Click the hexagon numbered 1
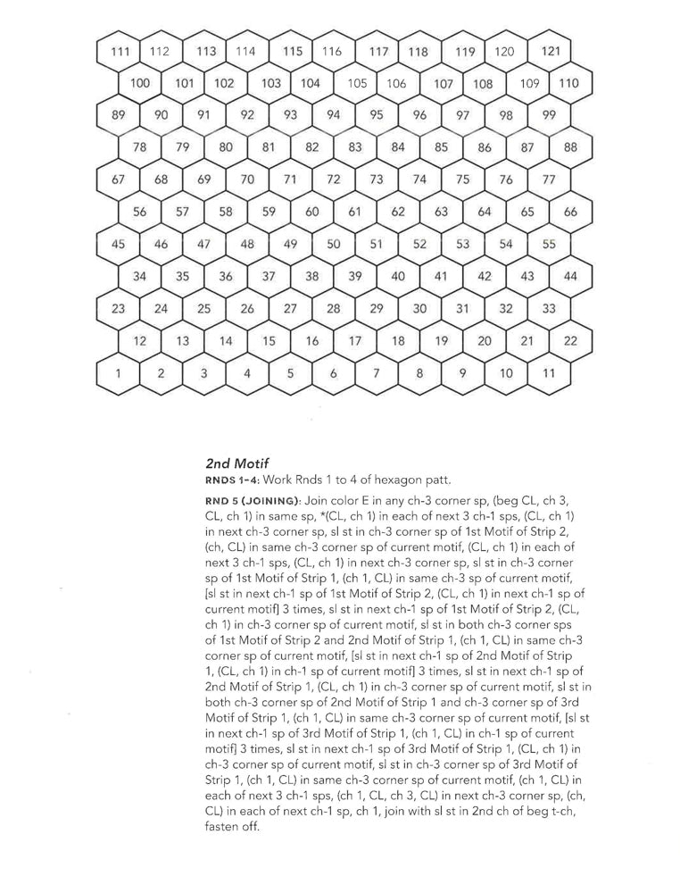pos(118,372)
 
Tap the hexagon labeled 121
pos(551,51)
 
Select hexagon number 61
pos(355,212)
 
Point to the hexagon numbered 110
pos(568,83)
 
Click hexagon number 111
pos(118,51)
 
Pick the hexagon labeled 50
pos(334,244)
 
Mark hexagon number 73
pos(377,179)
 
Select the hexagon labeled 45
pos(118,244)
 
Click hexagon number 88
pos(571,147)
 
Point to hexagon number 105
pos(357,83)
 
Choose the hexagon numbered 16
pos(312,340)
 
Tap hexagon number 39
pos(355,276)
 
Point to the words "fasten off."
pos(232,827)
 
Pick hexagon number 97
pos(463,115)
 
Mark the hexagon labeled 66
pos(571,212)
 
